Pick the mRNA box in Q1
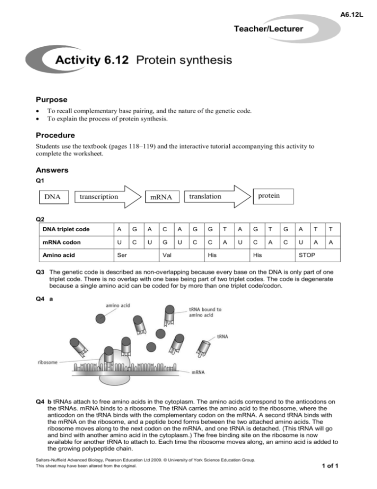[x=161, y=197]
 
